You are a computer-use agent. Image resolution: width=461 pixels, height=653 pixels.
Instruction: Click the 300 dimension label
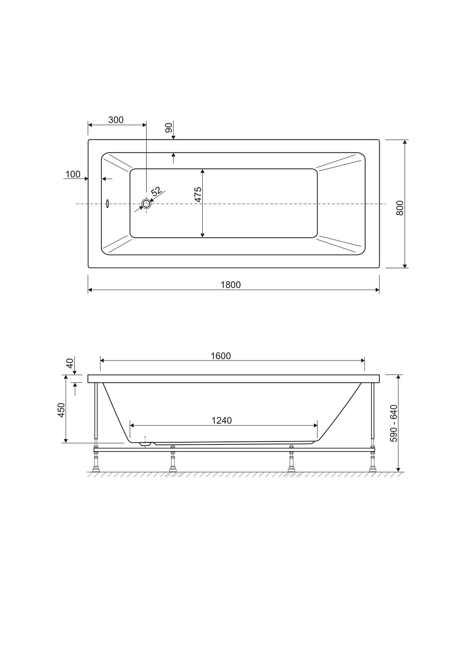116,120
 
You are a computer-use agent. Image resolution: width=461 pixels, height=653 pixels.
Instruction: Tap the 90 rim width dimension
169,128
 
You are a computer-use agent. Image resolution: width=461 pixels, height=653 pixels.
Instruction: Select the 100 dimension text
73,174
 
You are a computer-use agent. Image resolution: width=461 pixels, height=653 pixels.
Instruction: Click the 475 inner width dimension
198,194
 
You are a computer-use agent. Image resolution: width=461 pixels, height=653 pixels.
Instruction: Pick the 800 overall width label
400,208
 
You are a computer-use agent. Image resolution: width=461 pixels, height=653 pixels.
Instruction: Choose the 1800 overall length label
230,285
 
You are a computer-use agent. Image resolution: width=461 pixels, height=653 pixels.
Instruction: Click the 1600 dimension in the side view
221,356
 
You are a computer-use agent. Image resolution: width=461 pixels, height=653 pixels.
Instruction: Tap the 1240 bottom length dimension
222,421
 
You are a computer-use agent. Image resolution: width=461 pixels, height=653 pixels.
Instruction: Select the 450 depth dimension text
61,410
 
